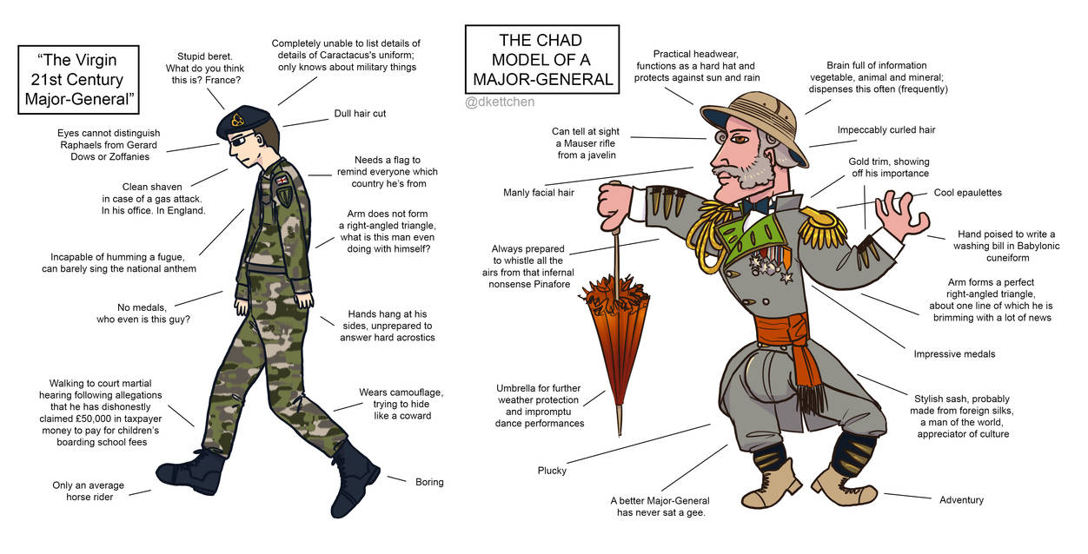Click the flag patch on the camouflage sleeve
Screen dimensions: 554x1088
click(282, 180)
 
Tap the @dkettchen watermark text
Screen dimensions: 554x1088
click(500, 102)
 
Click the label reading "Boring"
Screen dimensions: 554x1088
click(429, 482)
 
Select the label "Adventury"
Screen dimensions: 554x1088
click(961, 499)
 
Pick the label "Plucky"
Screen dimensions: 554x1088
click(552, 471)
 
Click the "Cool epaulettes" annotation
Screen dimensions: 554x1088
click(967, 193)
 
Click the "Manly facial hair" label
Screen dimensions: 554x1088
click(539, 193)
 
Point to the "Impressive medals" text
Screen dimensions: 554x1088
click(954, 354)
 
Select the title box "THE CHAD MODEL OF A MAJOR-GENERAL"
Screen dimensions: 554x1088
click(541, 60)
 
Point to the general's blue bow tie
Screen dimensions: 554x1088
click(756, 206)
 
